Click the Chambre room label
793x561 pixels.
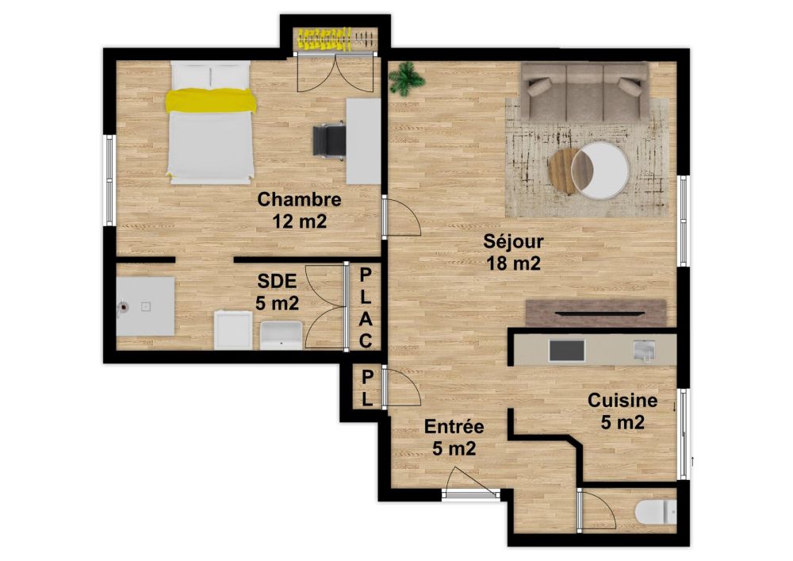pyautogui.click(x=300, y=199)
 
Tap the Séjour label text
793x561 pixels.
pyautogui.click(x=513, y=240)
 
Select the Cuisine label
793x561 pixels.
pyautogui.click(x=623, y=401)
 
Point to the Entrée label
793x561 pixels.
pyautogui.click(x=454, y=426)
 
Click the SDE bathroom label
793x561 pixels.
pyautogui.click(x=277, y=281)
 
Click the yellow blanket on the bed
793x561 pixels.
pyautogui.click(x=211, y=100)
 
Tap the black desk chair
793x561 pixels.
pyautogui.click(x=329, y=141)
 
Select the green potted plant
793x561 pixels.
pyautogui.click(x=406, y=79)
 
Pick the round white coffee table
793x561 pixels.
pyautogui.click(x=600, y=170)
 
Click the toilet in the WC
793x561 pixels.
pyautogui.click(x=656, y=513)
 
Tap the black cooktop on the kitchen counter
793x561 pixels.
pyautogui.click(x=566, y=351)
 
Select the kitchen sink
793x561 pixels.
pyautogui.click(x=644, y=350)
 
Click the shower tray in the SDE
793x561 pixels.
pyautogui.click(x=146, y=306)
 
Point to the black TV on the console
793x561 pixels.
pyautogui.click(x=600, y=313)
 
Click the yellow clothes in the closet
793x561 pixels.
pyautogui.click(x=325, y=39)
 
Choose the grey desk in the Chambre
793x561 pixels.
pyautogui.click(x=363, y=141)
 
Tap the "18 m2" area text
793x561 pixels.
pyautogui.click(x=513, y=263)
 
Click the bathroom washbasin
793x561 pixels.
pyautogui.click(x=282, y=336)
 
